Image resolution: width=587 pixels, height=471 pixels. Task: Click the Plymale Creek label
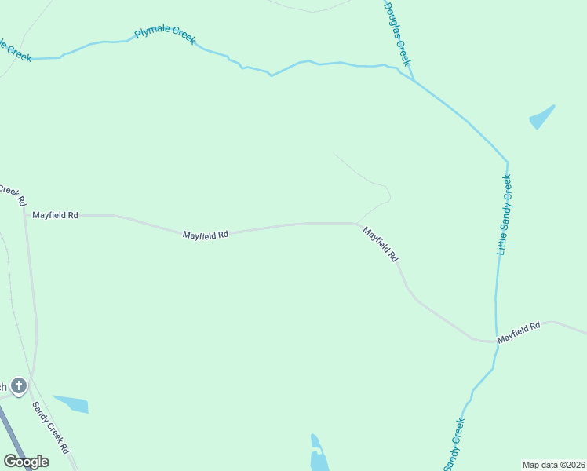(165, 35)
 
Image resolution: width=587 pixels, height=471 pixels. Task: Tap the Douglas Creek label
(397, 33)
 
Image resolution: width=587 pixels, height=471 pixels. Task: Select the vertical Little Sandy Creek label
(505, 214)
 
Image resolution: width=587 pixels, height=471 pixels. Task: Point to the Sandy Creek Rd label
(49, 428)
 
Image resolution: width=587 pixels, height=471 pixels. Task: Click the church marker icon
(19, 386)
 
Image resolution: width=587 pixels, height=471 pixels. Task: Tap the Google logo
(26, 462)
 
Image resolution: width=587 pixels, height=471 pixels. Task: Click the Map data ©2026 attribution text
(553, 464)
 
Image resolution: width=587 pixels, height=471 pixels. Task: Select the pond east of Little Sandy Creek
(541, 118)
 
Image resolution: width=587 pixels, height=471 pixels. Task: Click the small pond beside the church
(71, 403)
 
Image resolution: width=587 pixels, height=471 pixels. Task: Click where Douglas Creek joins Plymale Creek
(412, 79)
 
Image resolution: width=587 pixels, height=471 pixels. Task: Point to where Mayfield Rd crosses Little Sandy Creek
(496, 340)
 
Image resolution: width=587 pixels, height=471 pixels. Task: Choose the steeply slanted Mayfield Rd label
(381, 243)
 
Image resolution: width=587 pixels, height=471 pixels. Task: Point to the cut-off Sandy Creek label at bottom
(454, 444)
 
